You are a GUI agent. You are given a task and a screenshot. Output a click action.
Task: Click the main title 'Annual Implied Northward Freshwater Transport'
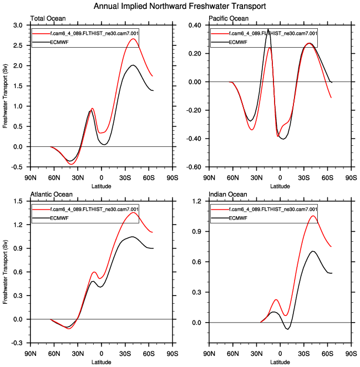tap(180, 6)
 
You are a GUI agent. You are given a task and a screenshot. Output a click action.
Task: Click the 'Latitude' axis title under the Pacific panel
tap(280, 186)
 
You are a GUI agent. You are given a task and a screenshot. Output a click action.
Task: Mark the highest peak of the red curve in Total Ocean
tap(133, 39)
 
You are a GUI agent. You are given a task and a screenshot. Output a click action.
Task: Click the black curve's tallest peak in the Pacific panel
tap(268, 29)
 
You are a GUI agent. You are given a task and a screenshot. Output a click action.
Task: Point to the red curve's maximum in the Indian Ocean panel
tap(313, 216)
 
